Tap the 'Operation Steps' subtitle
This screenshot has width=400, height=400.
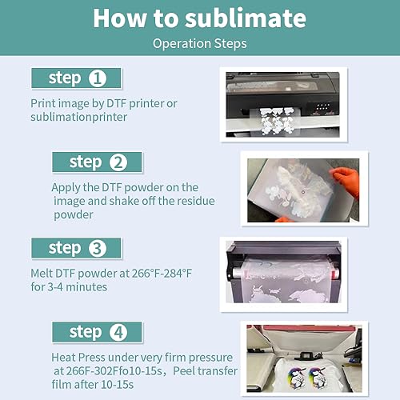pyautogui.click(x=200, y=43)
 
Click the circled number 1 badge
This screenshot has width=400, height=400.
pyautogui.click(x=98, y=78)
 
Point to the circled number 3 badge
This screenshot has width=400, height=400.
pyautogui.click(x=98, y=248)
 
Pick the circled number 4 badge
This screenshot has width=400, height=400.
pyautogui.click(x=118, y=332)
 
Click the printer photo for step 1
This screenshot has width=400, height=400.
pyautogui.click(x=290, y=103)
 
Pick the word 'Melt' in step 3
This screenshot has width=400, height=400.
pyautogui.click(x=44, y=274)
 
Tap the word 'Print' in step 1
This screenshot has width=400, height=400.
pyautogui.click(x=44, y=103)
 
